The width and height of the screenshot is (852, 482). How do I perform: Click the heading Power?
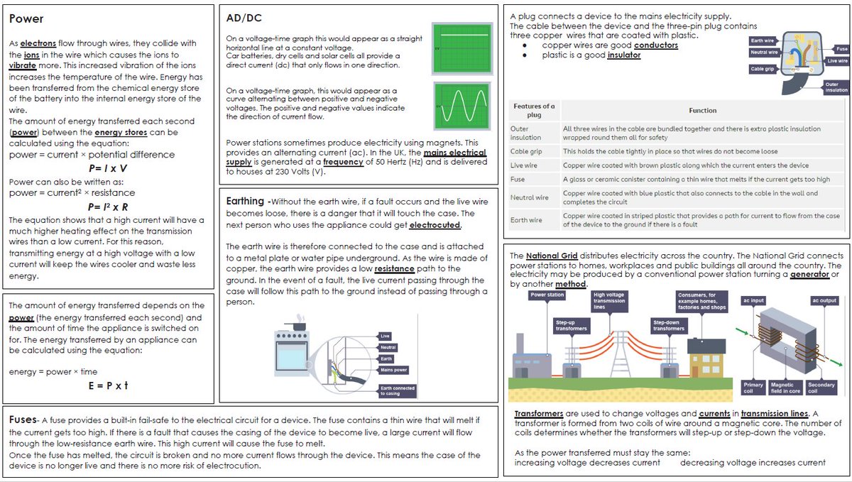click(x=26, y=19)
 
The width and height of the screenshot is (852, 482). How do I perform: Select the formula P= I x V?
click(x=107, y=168)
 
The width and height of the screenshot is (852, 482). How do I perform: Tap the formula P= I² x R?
click(x=107, y=207)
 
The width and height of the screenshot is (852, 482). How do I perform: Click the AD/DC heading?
click(x=244, y=17)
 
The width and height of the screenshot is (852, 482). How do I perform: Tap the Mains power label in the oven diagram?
click(x=393, y=370)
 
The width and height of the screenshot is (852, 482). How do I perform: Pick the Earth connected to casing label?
click(x=398, y=390)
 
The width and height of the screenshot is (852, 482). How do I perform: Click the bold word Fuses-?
click(x=24, y=420)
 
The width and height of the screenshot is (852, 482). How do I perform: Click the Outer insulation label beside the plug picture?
click(x=836, y=87)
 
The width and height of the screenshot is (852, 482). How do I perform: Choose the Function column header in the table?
click(x=702, y=111)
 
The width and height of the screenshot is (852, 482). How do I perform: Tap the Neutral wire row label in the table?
click(x=530, y=197)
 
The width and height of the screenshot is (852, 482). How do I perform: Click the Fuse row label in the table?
click(x=518, y=179)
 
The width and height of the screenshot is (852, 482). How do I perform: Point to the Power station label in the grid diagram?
click(x=547, y=295)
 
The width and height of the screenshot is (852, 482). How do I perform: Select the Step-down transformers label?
click(x=670, y=325)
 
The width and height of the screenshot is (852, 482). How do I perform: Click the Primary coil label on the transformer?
click(x=753, y=388)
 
